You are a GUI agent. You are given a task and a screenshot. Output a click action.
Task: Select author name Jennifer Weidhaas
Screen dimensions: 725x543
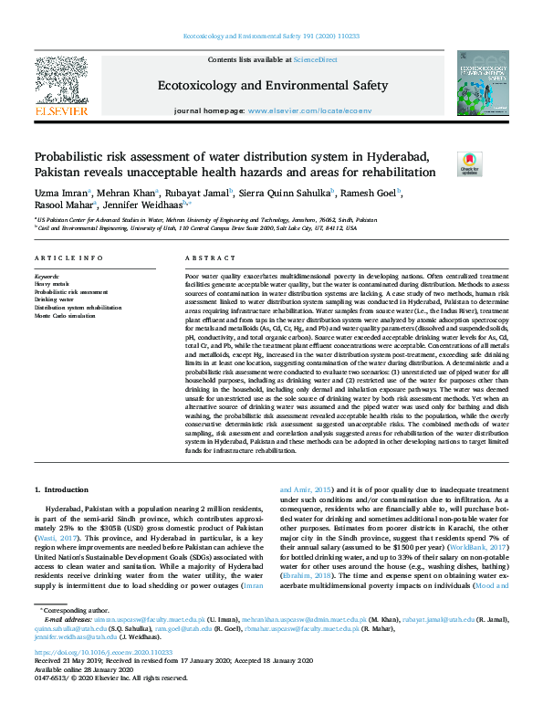tap(144, 205)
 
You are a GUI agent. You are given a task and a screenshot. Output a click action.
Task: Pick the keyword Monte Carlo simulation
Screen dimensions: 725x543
tap(66, 315)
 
